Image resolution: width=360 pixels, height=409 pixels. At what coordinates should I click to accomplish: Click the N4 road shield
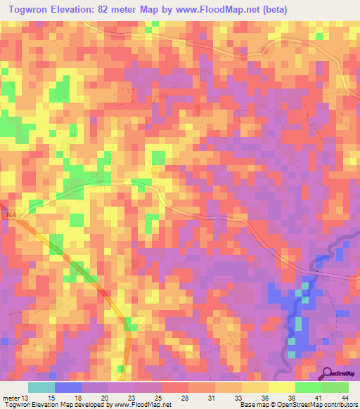click(9, 215)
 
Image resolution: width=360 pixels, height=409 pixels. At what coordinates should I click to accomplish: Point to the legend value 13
click(26, 398)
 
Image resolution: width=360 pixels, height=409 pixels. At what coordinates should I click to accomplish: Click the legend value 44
click(345, 398)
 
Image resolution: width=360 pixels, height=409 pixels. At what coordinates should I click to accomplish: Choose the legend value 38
click(292, 398)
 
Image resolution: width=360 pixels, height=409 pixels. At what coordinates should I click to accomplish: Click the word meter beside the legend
click(11, 398)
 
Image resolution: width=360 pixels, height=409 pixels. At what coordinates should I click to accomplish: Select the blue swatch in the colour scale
click(67, 387)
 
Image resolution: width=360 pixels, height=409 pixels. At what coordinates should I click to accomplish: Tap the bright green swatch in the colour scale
click(308, 387)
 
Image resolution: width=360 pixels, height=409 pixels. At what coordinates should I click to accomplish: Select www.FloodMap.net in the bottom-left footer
click(142, 405)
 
